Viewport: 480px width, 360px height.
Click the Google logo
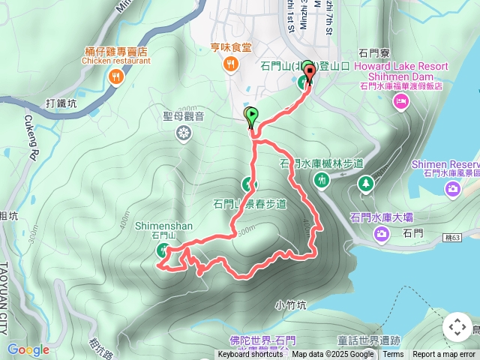pyautogui.click(x=28, y=349)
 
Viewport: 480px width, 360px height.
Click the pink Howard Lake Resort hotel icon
pyautogui.click(x=401, y=100)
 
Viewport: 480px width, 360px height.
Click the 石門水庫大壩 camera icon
pyautogui.click(x=382, y=234)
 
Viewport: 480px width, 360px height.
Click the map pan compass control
pyautogui.click(x=457, y=327)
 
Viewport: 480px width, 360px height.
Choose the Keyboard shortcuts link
pyautogui.click(x=250, y=355)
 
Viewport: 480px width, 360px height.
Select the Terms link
pyautogui.click(x=393, y=355)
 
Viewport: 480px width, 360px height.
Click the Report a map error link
pyautogui.click(x=444, y=355)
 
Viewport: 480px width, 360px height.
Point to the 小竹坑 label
pyautogui.click(x=292, y=305)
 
